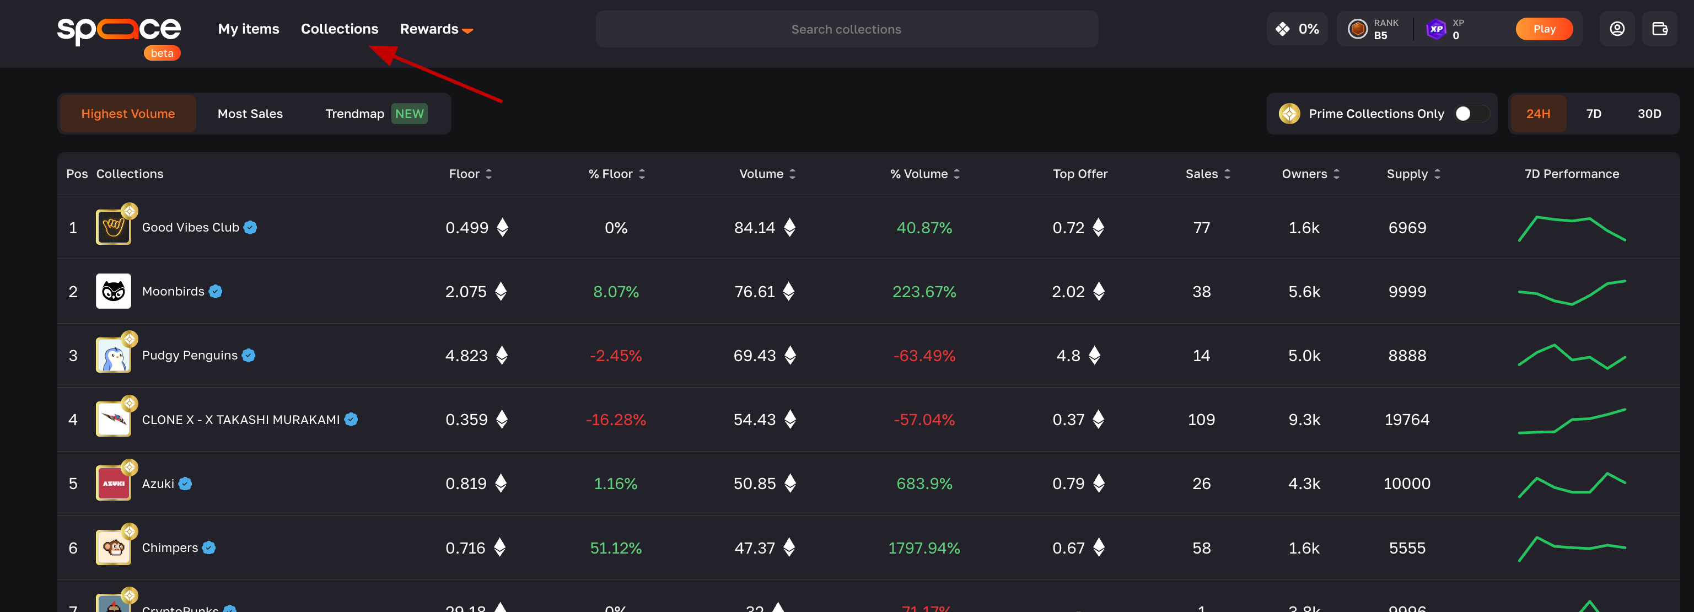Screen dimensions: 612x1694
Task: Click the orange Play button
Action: [x=1544, y=29]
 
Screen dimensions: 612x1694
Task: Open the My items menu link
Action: [x=249, y=29]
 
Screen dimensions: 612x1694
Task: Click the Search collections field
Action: [x=846, y=29]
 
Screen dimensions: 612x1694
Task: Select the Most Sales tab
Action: [x=250, y=114]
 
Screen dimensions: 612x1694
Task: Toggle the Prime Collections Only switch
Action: [x=1470, y=114]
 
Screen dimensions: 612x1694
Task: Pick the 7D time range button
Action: [x=1593, y=114]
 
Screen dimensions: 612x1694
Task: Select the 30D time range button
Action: [x=1649, y=114]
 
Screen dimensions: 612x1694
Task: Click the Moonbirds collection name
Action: [x=173, y=292]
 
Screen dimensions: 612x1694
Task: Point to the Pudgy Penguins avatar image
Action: [x=113, y=356]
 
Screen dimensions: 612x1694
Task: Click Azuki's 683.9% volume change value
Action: [x=924, y=484]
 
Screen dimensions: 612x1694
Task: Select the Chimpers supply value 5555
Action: [x=1407, y=548]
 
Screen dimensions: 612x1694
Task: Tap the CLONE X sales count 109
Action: [x=1201, y=420]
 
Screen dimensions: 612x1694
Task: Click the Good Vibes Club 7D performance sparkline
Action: [x=1571, y=228]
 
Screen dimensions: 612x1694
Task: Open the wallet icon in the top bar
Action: [x=1659, y=29]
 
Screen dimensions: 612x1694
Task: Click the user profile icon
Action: [x=1616, y=29]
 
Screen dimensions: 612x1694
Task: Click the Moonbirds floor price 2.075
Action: [x=466, y=292]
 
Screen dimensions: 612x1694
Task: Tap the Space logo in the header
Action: [x=119, y=30]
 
